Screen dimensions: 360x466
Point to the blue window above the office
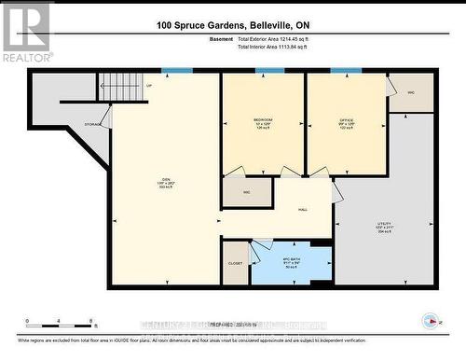(x=346, y=71)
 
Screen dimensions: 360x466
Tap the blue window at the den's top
(x=176, y=71)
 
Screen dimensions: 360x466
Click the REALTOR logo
(x=25, y=32)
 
